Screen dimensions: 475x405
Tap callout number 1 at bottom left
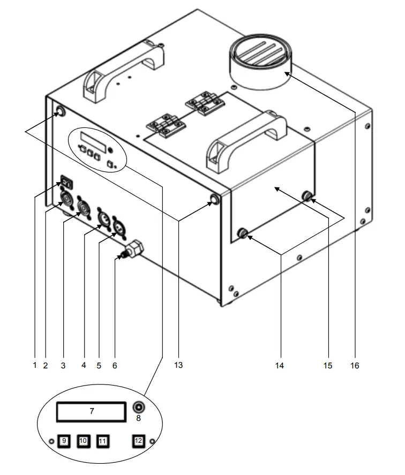coord(34,365)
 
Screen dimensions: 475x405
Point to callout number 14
coord(280,365)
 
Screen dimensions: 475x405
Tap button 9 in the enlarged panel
coord(64,441)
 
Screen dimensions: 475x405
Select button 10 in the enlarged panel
coord(83,441)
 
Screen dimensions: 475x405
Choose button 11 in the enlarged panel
coord(102,441)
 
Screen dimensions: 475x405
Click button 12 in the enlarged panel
coord(138,441)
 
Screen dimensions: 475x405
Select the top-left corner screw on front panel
coord(59,112)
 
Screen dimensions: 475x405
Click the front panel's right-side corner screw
coord(215,200)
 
